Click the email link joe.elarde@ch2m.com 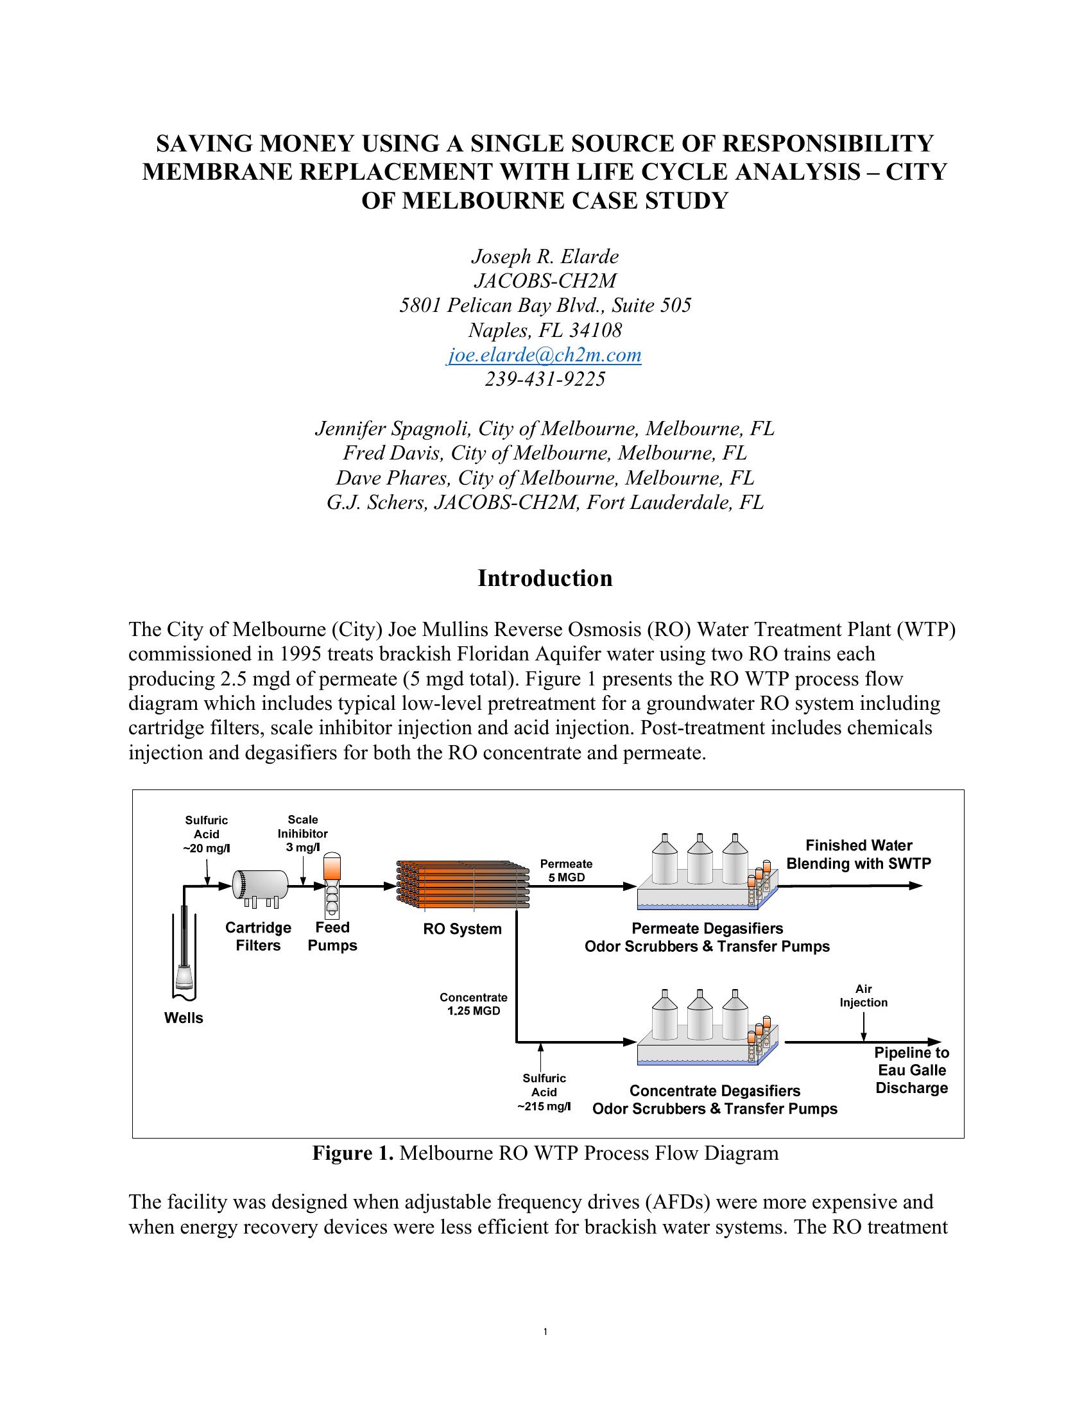pos(544,355)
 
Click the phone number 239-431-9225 pos(545,379)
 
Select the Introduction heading pos(545,578)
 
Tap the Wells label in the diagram pos(184,1019)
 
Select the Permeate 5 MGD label pos(566,870)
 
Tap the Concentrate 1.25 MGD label pos(473,1004)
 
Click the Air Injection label pos(863,995)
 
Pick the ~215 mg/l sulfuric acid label pos(544,1092)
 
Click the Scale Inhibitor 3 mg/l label pos(302,833)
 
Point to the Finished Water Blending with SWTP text pos(858,855)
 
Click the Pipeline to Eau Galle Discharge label pos(911,1071)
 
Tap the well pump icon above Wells pos(185,951)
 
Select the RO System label pos(462,929)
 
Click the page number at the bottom pos(545,1331)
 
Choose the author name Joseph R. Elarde pos(545,257)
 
